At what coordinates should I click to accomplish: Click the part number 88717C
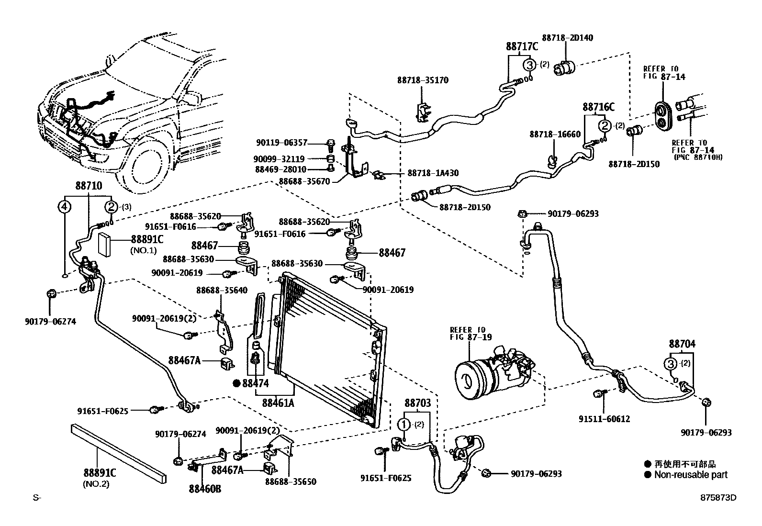(522, 46)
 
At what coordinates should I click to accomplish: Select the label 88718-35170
(423, 80)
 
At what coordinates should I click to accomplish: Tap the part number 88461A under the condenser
(278, 403)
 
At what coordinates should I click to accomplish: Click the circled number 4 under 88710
(64, 207)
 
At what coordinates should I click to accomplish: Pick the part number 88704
(682, 344)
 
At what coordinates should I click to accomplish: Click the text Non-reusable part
(691, 474)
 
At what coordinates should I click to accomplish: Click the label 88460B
(205, 489)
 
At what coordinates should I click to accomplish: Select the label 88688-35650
(291, 481)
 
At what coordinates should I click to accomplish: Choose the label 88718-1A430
(433, 173)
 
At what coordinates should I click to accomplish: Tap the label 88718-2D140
(567, 37)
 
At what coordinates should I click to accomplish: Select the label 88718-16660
(555, 135)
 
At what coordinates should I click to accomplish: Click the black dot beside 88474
(236, 383)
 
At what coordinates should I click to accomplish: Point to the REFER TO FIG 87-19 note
(467, 333)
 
